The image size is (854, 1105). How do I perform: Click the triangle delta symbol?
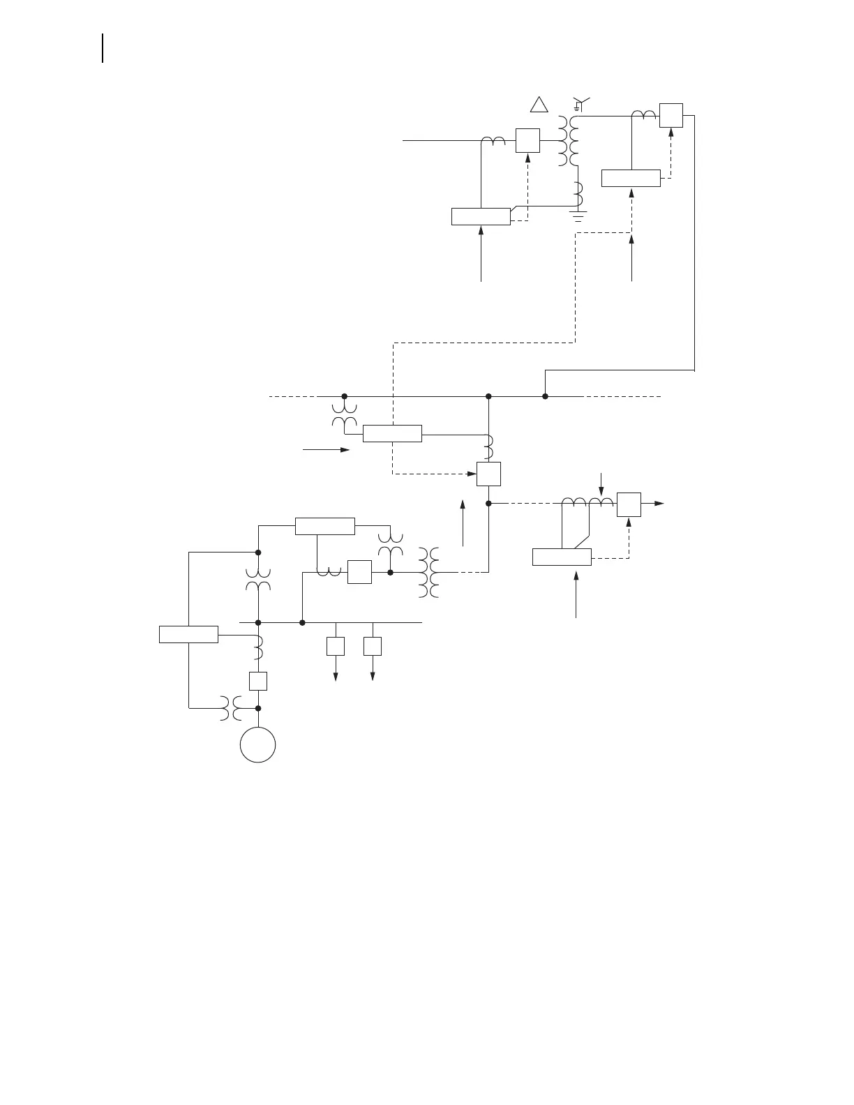coord(538,105)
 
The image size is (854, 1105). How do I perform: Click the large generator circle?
coord(257,744)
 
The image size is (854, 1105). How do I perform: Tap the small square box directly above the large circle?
coord(258,681)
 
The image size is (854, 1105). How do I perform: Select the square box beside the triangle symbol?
coord(527,140)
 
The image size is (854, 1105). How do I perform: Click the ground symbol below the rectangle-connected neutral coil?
coord(578,213)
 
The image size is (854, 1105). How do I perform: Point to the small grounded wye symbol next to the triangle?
coord(579,105)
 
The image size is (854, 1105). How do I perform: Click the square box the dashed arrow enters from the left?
coord(488,474)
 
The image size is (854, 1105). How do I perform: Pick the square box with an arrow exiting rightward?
coord(629,504)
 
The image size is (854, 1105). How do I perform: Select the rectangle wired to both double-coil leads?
coord(562,557)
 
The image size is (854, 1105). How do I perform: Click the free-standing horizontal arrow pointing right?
coord(326,450)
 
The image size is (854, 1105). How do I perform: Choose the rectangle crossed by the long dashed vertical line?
coord(392,433)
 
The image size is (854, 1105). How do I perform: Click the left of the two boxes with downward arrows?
coord(336,646)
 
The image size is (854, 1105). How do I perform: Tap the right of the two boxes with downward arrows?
coord(373,646)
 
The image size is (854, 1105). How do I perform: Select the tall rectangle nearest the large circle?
coord(188,635)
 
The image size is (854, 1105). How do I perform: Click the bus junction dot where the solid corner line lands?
coord(545,396)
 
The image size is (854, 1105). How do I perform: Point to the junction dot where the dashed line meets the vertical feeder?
coord(488,503)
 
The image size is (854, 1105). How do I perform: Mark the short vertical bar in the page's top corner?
coord(103,47)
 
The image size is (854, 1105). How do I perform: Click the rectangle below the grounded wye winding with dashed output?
coord(631,178)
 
